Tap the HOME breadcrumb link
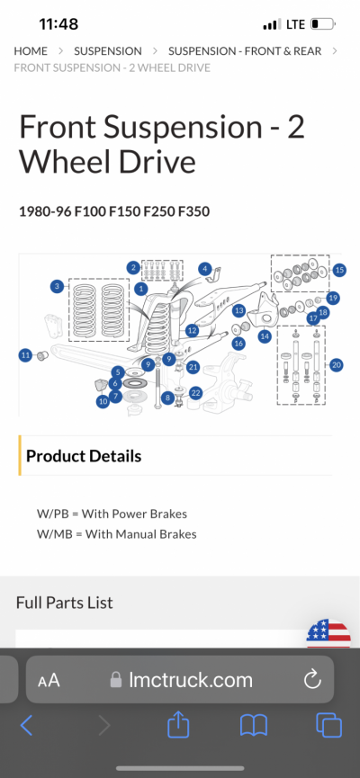coord(31,51)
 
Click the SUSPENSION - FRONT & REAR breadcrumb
coord(245,51)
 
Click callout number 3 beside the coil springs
coord(57,286)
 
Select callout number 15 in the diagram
coord(339,270)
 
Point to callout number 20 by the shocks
coord(337,365)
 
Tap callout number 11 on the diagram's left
coord(26,355)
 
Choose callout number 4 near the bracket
coord(204,269)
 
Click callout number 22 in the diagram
coord(196,393)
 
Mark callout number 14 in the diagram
coord(265,336)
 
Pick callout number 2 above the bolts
coord(133,268)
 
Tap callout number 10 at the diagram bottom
coord(103,401)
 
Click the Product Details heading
coord(84,456)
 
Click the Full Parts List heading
coord(65,603)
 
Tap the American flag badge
coord(328,633)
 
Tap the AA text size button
coord(49,680)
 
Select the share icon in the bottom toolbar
coord(179,726)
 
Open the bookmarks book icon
coord(254,727)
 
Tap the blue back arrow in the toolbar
coord(27,726)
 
